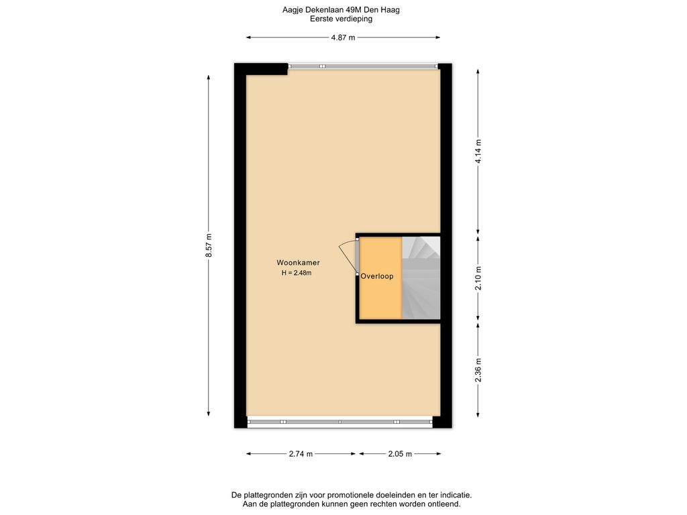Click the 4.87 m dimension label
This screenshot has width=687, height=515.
click(343, 38)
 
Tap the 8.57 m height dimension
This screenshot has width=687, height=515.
click(209, 245)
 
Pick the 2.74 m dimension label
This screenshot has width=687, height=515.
click(301, 454)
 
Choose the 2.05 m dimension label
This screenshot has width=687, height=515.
click(400, 454)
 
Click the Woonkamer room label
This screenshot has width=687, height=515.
click(298, 263)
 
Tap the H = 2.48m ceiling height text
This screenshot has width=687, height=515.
click(297, 274)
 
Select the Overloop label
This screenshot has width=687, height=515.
click(377, 276)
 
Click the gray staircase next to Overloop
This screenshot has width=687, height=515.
click(421, 278)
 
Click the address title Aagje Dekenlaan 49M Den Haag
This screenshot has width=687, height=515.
click(341, 9)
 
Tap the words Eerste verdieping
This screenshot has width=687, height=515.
click(341, 19)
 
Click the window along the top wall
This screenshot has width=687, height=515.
click(363, 66)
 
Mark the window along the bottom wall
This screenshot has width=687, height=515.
click(340, 422)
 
